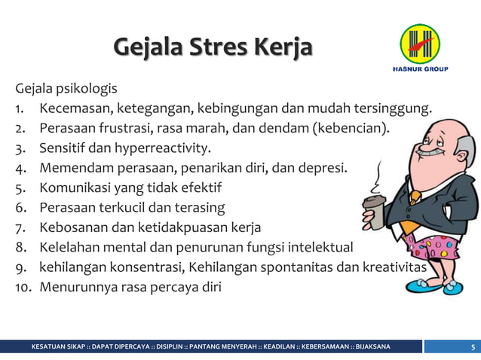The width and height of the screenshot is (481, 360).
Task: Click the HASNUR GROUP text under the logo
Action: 420,69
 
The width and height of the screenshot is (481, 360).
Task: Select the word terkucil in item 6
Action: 131,206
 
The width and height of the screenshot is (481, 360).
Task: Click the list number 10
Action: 23,286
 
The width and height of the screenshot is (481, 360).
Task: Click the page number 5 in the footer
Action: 472,346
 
